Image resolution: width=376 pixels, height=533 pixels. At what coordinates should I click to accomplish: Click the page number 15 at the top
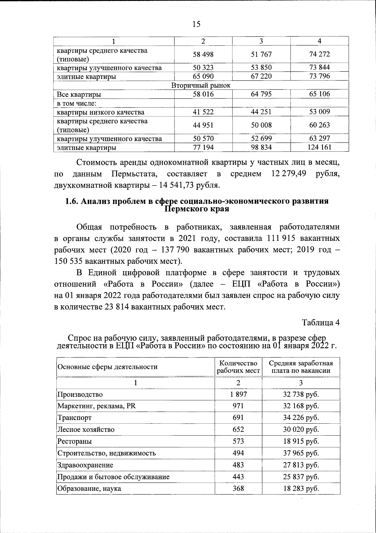tap(196, 24)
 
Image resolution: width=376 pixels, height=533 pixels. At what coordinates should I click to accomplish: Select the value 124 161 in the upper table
tap(319, 147)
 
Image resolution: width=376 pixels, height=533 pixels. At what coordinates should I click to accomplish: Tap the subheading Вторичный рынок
tap(201, 85)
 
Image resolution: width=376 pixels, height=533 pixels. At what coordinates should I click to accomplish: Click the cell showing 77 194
tap(203, 147)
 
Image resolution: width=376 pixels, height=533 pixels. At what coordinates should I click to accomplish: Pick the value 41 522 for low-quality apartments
tap(203, 112)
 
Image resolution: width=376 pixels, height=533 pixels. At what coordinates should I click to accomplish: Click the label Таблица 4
tap(321, 322)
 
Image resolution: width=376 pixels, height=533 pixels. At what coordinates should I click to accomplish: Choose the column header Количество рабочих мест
tap(238, 367)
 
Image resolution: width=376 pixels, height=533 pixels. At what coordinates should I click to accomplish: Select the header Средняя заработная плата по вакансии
tap(301, 367)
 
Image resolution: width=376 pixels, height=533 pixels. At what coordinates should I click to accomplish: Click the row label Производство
tap(80, 395)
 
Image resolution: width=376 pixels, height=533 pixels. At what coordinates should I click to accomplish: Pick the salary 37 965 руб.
tap(301, 453)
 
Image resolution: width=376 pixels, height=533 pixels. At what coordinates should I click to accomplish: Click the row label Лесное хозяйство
tap(86, 430)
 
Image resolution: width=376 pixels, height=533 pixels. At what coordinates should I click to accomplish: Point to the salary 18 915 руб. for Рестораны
tap(301, 442)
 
